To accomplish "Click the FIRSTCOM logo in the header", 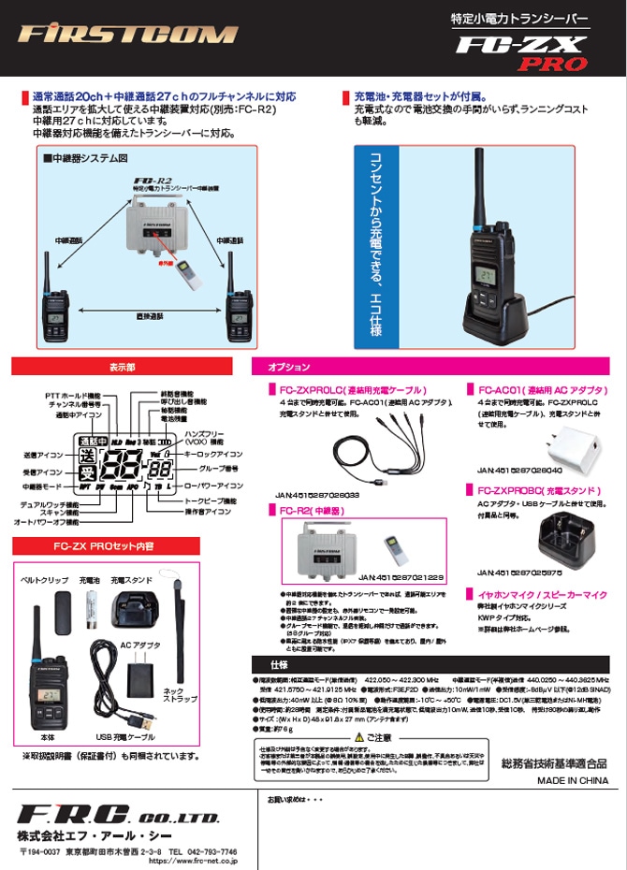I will point(126,35).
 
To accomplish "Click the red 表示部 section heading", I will point(123,366).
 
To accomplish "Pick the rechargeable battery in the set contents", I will point(94,613).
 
